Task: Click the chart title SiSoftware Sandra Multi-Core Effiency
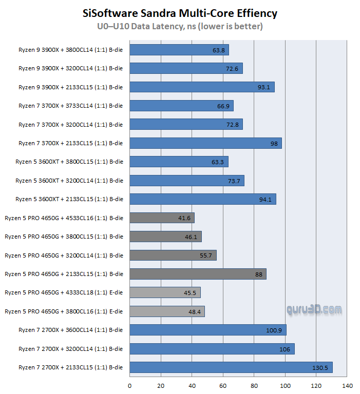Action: point(180,13)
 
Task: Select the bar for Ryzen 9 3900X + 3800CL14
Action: point(179,50)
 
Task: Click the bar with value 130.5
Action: point(231,367)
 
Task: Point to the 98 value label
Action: point(274,144)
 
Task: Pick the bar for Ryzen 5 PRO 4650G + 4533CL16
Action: point(162,218)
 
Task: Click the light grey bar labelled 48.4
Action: point(167,311)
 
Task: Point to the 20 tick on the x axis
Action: point(161,386)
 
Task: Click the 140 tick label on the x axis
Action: point(347,386)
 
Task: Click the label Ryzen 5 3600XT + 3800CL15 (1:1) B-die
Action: point(69,162)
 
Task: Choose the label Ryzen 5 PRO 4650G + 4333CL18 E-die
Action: point(64,292)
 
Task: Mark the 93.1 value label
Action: point(264,87)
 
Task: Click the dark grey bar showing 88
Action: point(198,274)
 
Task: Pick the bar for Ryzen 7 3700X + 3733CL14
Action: point(181,106)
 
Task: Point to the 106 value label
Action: point(286,349)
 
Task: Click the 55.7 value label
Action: point(206,255)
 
